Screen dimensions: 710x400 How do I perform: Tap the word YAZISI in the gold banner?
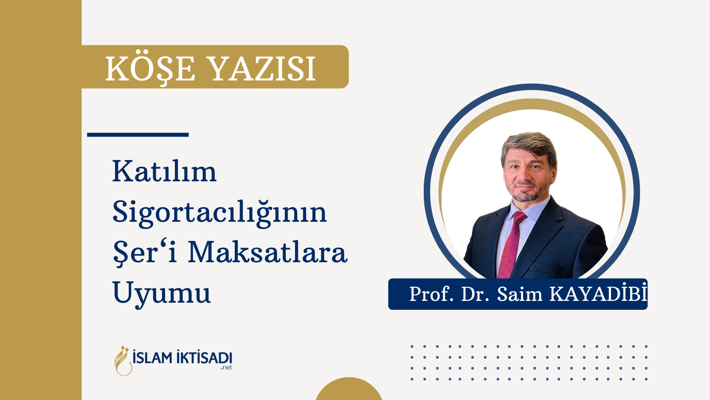click(263, 69)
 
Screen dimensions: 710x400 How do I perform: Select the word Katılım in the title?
click(164, 171)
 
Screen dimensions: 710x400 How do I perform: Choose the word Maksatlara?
click(268, 252)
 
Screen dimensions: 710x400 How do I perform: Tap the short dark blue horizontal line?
click(138, 135)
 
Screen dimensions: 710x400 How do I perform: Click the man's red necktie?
click(511, 244)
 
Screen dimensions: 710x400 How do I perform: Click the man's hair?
click(529, 147)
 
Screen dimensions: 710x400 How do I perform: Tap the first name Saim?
click(520, 294)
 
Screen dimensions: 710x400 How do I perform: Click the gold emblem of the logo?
click(123, 361)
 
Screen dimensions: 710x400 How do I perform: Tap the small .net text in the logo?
click(226, 368)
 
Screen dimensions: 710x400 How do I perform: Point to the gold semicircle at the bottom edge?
click(349, 389)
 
